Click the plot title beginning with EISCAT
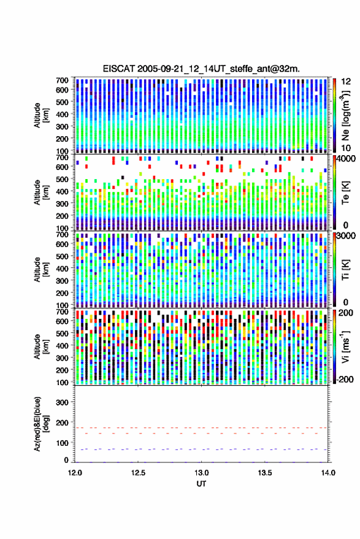[201, 69]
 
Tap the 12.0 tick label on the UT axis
[75, 473]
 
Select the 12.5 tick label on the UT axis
[138, 473]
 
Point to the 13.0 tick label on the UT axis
[202, 473]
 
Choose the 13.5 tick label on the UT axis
[265, 473]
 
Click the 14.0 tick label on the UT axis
[328, 473]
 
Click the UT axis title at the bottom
[202, 484]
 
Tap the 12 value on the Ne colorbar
[346, 82]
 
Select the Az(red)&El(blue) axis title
[41, 424]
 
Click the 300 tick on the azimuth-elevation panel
[62, 402]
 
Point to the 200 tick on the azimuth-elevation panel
[62, 422]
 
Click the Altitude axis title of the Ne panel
[41, 115]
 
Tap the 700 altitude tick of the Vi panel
[62, 312]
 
